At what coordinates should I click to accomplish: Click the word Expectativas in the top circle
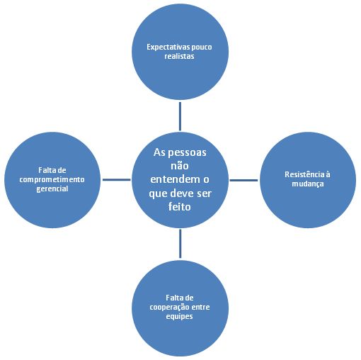pos(168,47)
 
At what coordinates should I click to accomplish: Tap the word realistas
pos(179,56)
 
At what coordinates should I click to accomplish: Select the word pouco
pos(202,47)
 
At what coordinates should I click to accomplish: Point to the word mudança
pos(308,184)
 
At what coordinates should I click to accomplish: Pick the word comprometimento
pos(52,180)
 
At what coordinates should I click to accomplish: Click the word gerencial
pos(52,189)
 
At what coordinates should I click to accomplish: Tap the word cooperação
pos(169,308)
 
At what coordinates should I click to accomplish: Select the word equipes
pos(179,317)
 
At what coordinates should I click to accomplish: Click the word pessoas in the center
pos(187,153)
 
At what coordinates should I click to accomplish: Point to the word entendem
pos(175,179)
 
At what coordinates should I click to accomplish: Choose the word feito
pos(179,207)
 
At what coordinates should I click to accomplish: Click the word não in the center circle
pos(180,166)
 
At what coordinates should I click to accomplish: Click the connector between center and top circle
pos(180,116)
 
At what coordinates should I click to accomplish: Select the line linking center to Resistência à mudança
pos(243,180)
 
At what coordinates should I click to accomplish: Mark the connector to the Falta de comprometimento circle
pos(117,180)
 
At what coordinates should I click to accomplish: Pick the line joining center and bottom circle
pos(180,244)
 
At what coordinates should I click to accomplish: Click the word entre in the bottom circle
pos(200,308)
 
